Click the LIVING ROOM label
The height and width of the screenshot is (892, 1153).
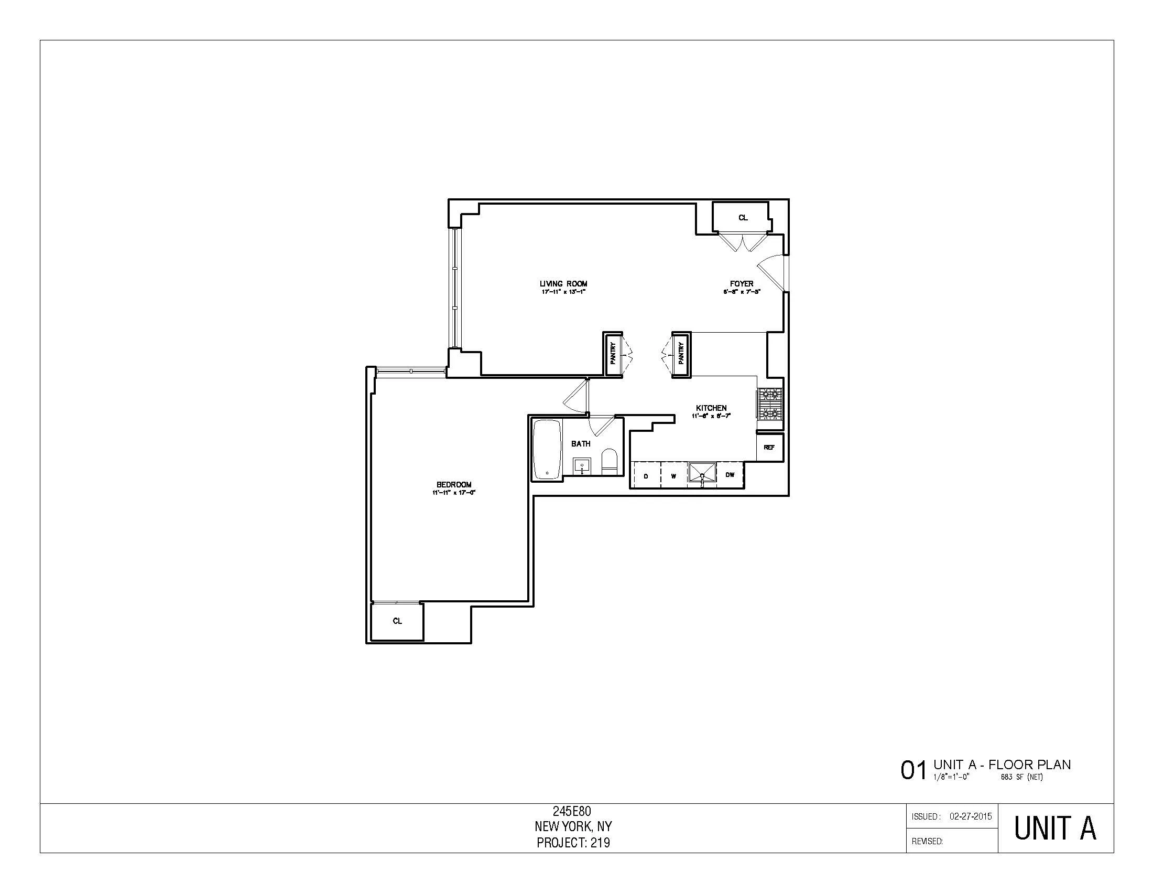click(563, 284)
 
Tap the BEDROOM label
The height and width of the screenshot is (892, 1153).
click(453, 484)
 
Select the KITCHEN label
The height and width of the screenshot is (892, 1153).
click(711, 408)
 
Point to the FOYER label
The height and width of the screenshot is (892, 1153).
click(741, 284)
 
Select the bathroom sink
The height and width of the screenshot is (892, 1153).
click(582, 466)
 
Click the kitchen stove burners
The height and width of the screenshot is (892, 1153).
click(770, 402)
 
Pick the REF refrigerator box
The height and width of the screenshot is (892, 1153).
click(769, 447)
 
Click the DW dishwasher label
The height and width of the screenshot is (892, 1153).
click(730, 474)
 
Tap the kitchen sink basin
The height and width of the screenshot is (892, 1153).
click(702, 472)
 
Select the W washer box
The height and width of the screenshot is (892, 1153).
click(673, 475)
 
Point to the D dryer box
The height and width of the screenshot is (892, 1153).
click(646, 475)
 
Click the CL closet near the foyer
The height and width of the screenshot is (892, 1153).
click(743, 217)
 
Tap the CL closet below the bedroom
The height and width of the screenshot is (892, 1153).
click(397, 621)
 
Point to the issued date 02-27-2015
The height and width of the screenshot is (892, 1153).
click(970, 816)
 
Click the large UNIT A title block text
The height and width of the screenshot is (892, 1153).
click(1055, 829)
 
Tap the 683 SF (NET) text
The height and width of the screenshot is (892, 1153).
click(1021, 777)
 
